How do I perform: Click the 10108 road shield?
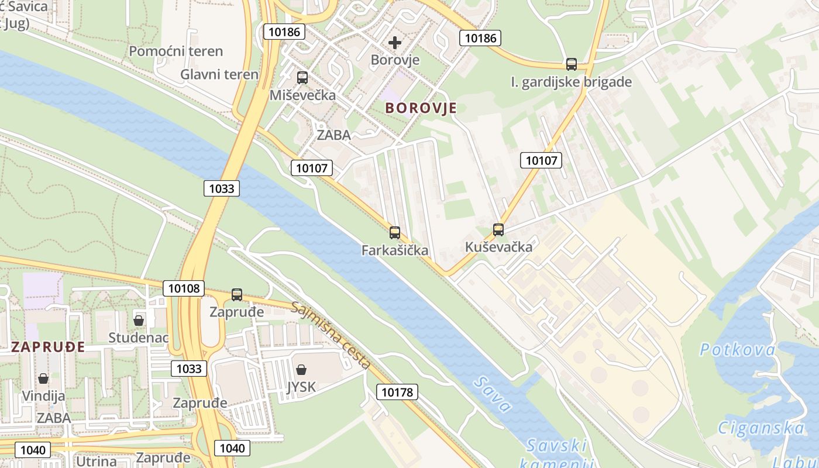tap(184, 288)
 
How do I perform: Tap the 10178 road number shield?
tap(397, 392)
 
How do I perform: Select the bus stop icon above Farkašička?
tap(395, 233)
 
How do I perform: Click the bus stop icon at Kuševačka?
tap(498, 230)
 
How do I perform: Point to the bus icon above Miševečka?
tap(302, 77)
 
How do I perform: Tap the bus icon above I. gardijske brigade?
tap(572, 64)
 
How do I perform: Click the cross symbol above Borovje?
tap(395, 43)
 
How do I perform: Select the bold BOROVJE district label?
tap(421, 108)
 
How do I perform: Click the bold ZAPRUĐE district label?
tap(48, 347)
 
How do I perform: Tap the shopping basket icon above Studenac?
tap(139, 321)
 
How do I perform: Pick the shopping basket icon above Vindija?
tap(43, 378)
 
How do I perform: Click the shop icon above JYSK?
tap(301, 370)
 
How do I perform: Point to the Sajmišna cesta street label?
tap(331, 335)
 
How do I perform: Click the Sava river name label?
tap(493, 394)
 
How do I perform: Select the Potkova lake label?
tap(738, 350)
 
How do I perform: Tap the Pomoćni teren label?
tap(175, 51)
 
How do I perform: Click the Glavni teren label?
tap(219, 74)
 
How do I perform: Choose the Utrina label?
tap(97, 460)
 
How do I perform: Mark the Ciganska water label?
tap(761, 428)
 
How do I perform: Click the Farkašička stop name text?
tap(395, 250)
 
